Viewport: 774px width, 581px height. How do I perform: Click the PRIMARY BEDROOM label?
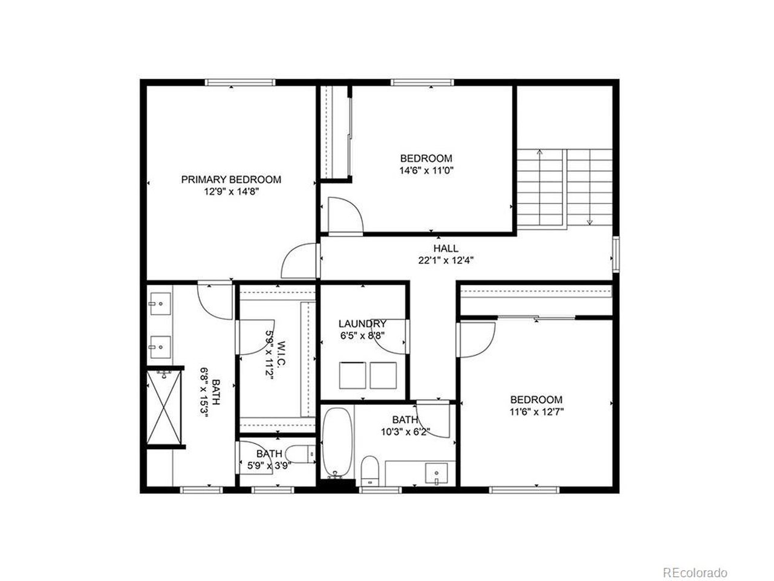click(x=231, y=179)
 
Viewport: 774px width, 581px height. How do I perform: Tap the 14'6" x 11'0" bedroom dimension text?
click(x=426, y=171)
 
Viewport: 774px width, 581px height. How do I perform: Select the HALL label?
click(x=446, y=248)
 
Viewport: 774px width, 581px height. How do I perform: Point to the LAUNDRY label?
click(x=362, y=323)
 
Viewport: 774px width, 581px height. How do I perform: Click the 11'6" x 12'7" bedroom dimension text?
click(x=536, y=412)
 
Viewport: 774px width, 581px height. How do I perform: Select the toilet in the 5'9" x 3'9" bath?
click(x=300, y=454)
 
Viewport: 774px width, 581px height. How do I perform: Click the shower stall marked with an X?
click(x=164, y=407)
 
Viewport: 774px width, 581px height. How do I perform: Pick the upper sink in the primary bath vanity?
click(x=160, y=304)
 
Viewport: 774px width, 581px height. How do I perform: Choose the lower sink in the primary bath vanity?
click(x=160, y=347)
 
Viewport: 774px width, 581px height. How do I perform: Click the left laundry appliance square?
click(x=353, y=375)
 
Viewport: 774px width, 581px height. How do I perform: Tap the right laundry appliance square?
click(x=383, y=375)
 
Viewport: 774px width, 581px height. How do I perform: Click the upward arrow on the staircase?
click(x=539, y=187)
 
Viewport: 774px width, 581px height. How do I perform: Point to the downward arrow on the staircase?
click(x=590, y=187)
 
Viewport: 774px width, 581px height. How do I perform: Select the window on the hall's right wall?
click(x=616, y=254)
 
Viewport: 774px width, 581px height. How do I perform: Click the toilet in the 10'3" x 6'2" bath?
click(x=370, y=471)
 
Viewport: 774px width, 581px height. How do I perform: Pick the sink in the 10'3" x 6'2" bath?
click(x=437, y=473)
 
